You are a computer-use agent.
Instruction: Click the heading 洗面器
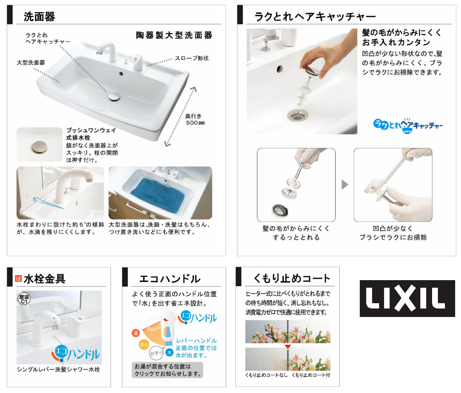(x=39, y=17)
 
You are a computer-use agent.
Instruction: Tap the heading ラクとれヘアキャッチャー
(x=315, y=16)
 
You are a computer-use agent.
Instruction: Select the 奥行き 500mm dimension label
(x=195, y=119)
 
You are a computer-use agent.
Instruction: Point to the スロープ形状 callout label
(x=192, y=58)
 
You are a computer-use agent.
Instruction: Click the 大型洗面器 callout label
(x=31, y=63)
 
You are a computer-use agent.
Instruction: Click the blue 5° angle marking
(x=36, y=199)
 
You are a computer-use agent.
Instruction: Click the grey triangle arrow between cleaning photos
(x=345, y=185)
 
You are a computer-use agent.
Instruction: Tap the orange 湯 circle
(x=136, y=333)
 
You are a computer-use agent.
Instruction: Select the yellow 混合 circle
(x=144, y=345)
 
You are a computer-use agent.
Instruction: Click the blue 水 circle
(x=169, y=352)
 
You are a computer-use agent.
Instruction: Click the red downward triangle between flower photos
(x=288, y=347)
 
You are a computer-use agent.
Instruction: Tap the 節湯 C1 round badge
(x=24, y=299)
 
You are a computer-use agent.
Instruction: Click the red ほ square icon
(x=18, y=278)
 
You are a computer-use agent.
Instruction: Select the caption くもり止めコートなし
(x=266, y=375)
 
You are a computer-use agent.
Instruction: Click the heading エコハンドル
(x=170, y=279)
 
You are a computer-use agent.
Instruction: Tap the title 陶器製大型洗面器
(x=174, y=35)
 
